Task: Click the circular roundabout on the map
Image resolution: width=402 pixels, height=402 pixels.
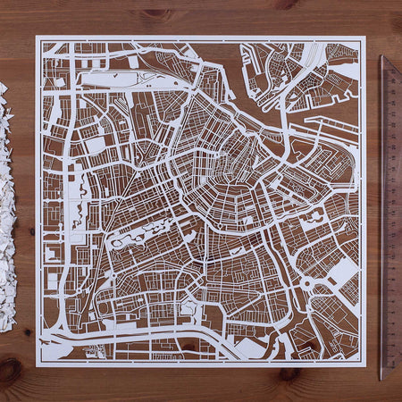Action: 308,284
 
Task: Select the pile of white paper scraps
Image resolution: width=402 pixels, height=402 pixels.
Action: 6,205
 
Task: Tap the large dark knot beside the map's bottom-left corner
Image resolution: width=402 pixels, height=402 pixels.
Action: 14,365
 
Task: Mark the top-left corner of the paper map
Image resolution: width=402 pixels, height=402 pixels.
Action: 37,37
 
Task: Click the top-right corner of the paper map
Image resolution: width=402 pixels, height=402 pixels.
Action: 365,37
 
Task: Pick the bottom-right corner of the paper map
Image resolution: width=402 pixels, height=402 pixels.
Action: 366,365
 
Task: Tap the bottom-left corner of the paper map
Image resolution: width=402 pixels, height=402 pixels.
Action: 37,365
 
